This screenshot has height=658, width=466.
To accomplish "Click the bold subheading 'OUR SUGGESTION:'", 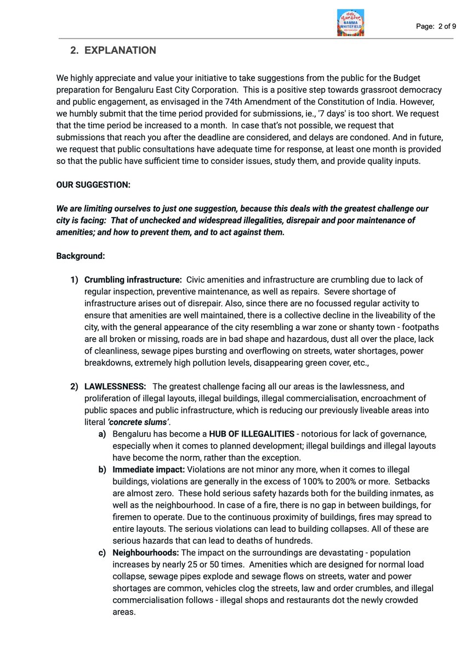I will point(93,185).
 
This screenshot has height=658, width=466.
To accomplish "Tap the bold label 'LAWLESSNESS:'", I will point(115,387).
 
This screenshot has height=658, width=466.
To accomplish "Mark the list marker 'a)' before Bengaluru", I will point(102,434).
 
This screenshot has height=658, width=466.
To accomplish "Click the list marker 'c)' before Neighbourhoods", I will point(102,553).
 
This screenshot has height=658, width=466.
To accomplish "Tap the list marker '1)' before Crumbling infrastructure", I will point(74,280).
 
